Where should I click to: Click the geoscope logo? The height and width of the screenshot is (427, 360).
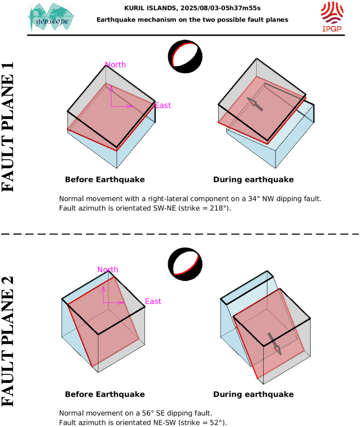coord(51,17)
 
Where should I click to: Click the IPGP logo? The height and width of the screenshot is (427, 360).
coord(332,17)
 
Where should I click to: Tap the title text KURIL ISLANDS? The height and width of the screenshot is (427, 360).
coord(150,8)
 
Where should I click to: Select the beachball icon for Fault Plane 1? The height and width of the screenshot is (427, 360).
coord(185,57)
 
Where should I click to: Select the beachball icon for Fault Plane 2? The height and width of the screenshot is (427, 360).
coord(185,264)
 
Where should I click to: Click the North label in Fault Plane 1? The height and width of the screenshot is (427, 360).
coord(115,65)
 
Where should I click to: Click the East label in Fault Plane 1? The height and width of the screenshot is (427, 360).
coord(163,105)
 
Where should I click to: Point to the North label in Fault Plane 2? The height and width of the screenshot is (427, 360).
coord(108,270)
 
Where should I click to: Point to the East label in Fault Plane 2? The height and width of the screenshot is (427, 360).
coord(153,301)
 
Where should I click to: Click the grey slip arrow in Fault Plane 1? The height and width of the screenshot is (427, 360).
coord(255,104)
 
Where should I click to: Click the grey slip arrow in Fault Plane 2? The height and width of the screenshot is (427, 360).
coord(275,344)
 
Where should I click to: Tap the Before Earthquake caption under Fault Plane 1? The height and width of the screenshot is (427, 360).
coord(105,180)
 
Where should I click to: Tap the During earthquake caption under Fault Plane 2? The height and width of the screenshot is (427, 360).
coord(253,394)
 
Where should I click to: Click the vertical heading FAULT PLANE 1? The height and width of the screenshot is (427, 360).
coord(7,127)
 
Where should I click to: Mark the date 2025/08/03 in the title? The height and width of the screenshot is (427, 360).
coord(197,8)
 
